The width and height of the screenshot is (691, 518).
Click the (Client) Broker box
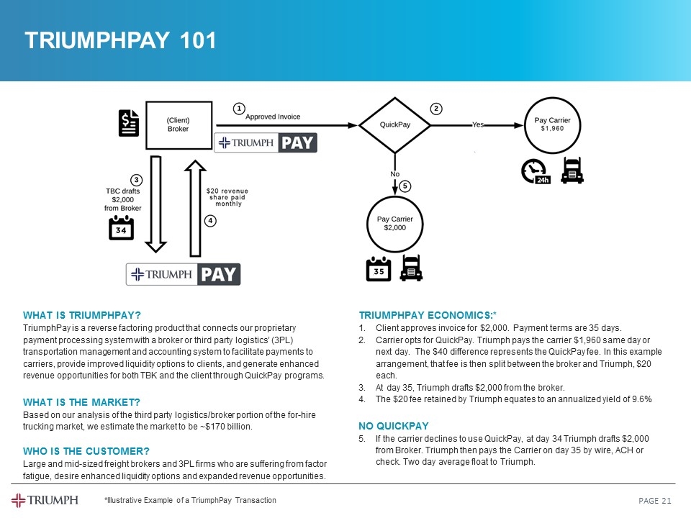point(178,124)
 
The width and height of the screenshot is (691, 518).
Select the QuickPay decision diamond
point(394,124)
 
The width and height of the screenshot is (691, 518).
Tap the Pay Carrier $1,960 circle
point(553,124)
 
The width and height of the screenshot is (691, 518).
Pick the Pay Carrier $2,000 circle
point(395,223)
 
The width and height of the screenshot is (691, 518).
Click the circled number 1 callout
point(238,108)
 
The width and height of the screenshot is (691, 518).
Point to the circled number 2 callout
point(435,109)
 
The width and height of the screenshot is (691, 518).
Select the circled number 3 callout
point(136,178)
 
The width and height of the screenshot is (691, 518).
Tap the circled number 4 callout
point(210,221)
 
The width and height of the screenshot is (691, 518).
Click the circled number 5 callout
point(405,186)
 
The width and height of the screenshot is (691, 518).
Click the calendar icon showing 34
point(121,228)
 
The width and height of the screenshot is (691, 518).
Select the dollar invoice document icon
point(129,123)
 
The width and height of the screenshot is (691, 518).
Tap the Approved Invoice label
point(273,117)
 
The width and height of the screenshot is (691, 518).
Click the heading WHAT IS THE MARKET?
point(81,401)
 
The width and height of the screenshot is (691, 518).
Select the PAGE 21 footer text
point(655,501)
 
